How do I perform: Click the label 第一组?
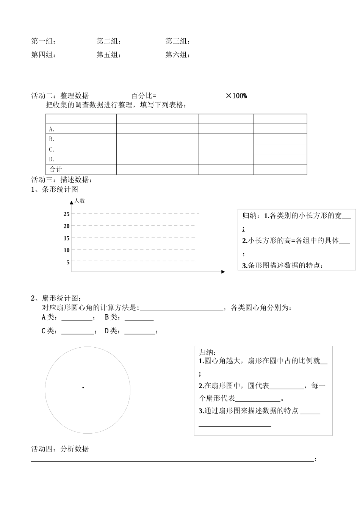click(x=43, y=41)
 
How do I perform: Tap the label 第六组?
click(x=178, y=55)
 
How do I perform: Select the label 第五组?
click(x=109, y=55)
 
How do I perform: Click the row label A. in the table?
click(x=52, y=129)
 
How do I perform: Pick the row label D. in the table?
click(x=52, y=159)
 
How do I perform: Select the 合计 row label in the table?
click(x=56, y=170)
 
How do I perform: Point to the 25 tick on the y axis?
click(x=67, y=214)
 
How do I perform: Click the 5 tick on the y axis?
click(x=68, y=262)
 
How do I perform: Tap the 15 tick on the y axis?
click(x=67, y=238)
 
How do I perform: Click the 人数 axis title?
click(x=80, y=201)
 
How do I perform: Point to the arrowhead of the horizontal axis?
click(x=223, y=272)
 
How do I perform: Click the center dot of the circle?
click(x=83, y=387)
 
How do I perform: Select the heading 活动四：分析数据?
click(x=60, y=449)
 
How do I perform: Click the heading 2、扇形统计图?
click(x=56, y=298)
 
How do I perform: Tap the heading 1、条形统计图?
click(x=55, y=189)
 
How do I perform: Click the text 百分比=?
click(x=144, y=96)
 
